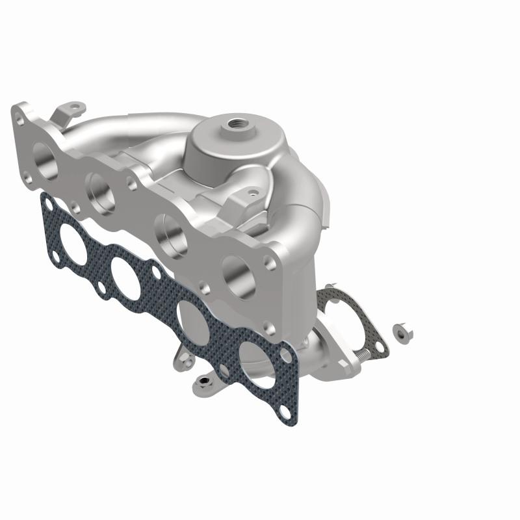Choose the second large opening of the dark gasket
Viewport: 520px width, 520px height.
point(127,279)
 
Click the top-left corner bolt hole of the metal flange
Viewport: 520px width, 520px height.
point(19,120)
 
